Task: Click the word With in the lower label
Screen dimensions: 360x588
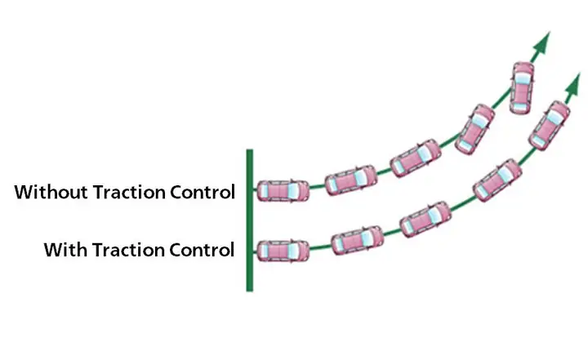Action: tap(63, 249)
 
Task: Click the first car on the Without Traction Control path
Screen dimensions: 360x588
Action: tap(283, 191)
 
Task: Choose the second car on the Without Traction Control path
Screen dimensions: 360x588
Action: tap(351, 180)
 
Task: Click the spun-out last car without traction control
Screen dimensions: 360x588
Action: tap(521, 87)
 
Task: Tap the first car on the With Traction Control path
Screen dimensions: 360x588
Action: tap(283, 250)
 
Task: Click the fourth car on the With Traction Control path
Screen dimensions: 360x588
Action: tap(497, 179)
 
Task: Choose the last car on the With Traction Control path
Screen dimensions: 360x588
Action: tap(550, 125)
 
